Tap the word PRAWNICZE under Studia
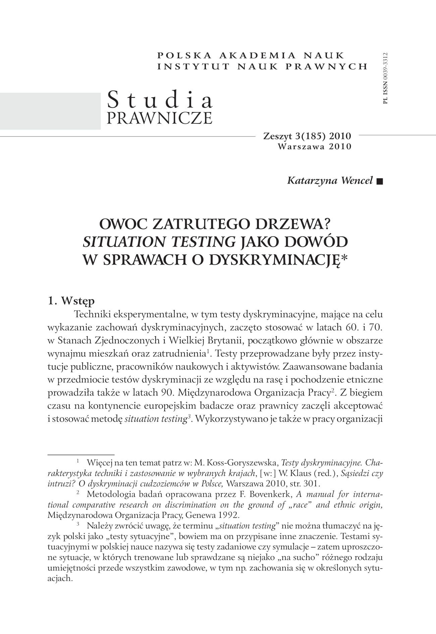coord(160,118)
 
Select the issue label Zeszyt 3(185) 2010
coord(307,136)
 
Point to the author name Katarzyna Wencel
coord(330,180)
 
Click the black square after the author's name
coord(379,181)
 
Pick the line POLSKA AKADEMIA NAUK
coord(251,56)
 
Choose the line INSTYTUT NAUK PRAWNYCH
coord(262,66)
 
